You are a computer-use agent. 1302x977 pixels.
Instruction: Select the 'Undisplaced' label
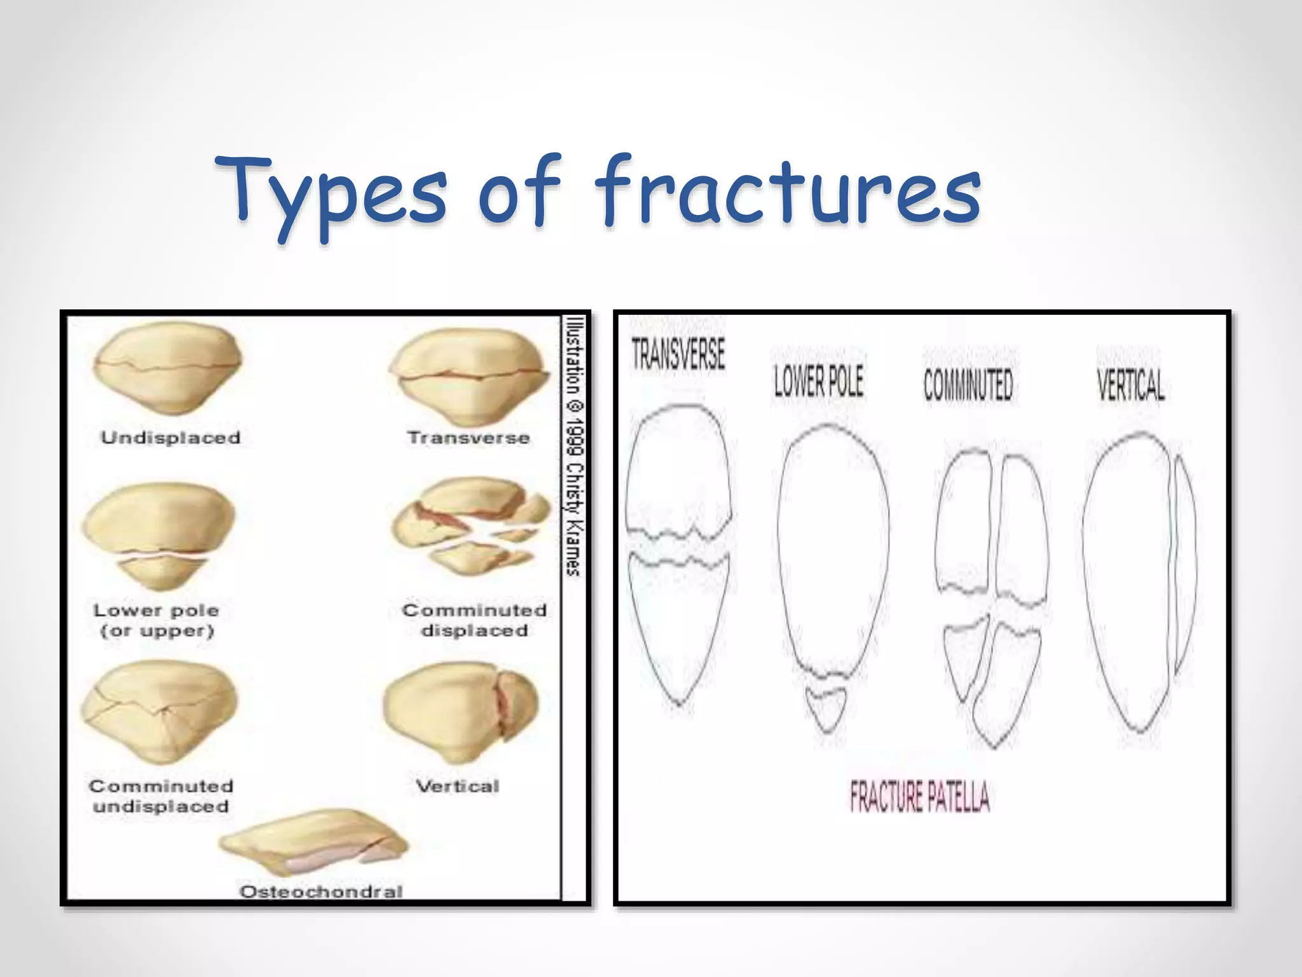(x=170, y=438)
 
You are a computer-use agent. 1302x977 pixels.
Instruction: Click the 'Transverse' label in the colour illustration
(x=469, y=438)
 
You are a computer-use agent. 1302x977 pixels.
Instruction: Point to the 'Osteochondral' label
(x=321, y=891)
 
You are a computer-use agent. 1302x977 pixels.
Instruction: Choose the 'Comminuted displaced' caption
(x=474, y=620)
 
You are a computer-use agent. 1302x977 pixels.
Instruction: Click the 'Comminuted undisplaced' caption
(x=161, y=796)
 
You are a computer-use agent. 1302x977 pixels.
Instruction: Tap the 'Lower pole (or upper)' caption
(x=156, y=620)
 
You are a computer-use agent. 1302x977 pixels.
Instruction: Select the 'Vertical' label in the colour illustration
(x=457, y=786)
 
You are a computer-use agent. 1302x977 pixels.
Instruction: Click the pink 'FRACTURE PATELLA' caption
(x=919, y=797)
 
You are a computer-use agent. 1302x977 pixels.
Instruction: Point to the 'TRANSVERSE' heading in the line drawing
(x=678, y=354)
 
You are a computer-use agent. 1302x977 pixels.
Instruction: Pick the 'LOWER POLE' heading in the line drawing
(x=818, y=382)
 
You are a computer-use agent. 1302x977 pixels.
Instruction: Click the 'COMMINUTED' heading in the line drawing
(x=968, y=385)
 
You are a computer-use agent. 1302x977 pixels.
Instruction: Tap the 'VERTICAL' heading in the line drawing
(x=1131, y=385)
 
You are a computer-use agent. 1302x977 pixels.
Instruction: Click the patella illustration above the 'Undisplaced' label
(x=167, y=369)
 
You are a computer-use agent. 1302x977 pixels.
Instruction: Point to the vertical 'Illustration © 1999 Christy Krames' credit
(x=574, y=446)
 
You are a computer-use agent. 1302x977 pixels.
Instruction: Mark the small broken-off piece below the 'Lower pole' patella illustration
(x=162, y=572)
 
